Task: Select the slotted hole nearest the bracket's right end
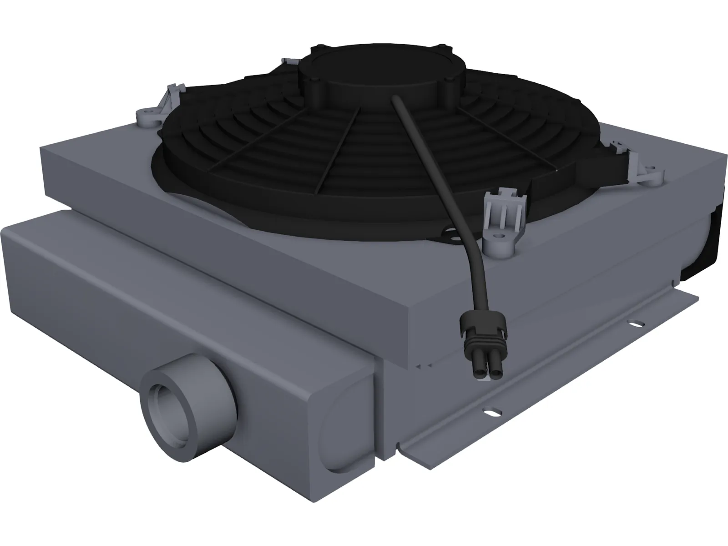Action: pyautogui.click(x=633, y=324)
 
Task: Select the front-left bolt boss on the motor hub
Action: pyautogui.click(x=314, y=82)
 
